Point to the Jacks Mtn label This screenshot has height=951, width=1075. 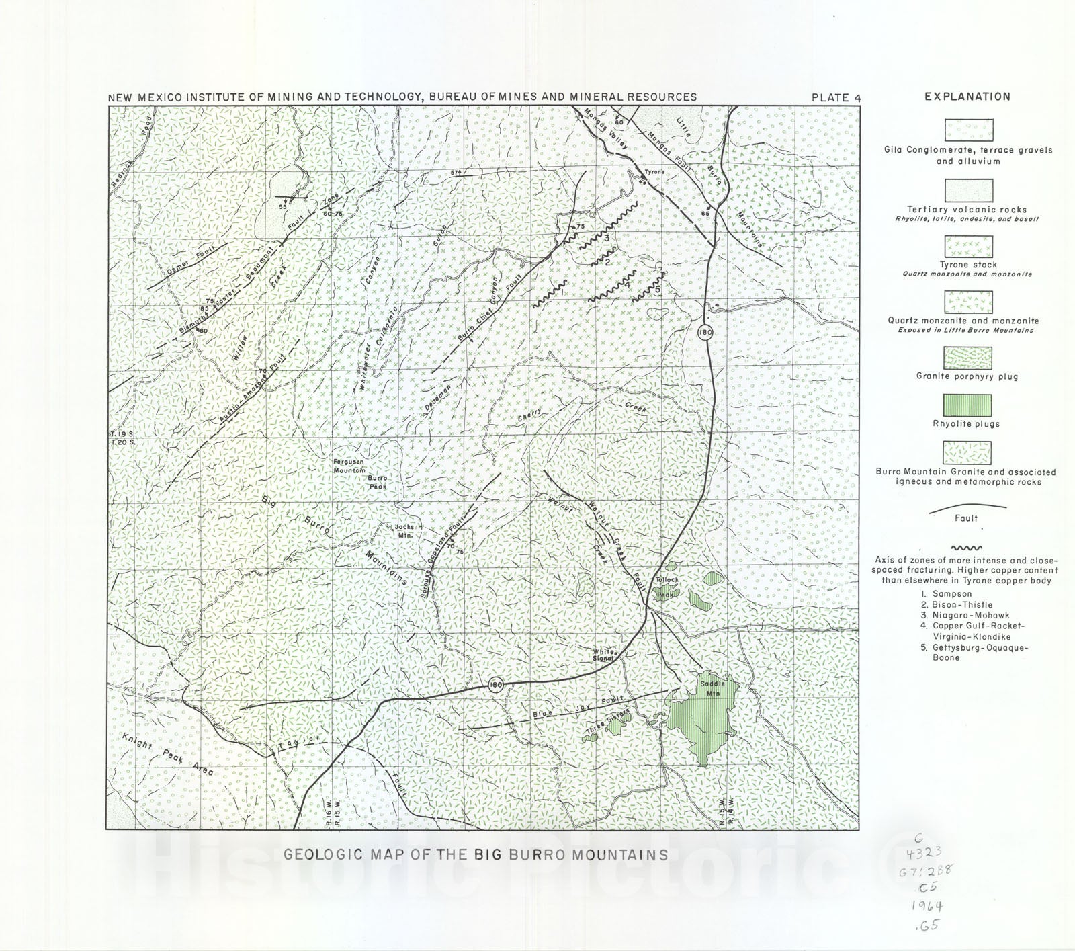403,530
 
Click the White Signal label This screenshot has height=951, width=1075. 604,655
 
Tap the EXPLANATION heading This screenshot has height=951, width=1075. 967,97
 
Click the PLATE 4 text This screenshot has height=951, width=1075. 836,97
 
